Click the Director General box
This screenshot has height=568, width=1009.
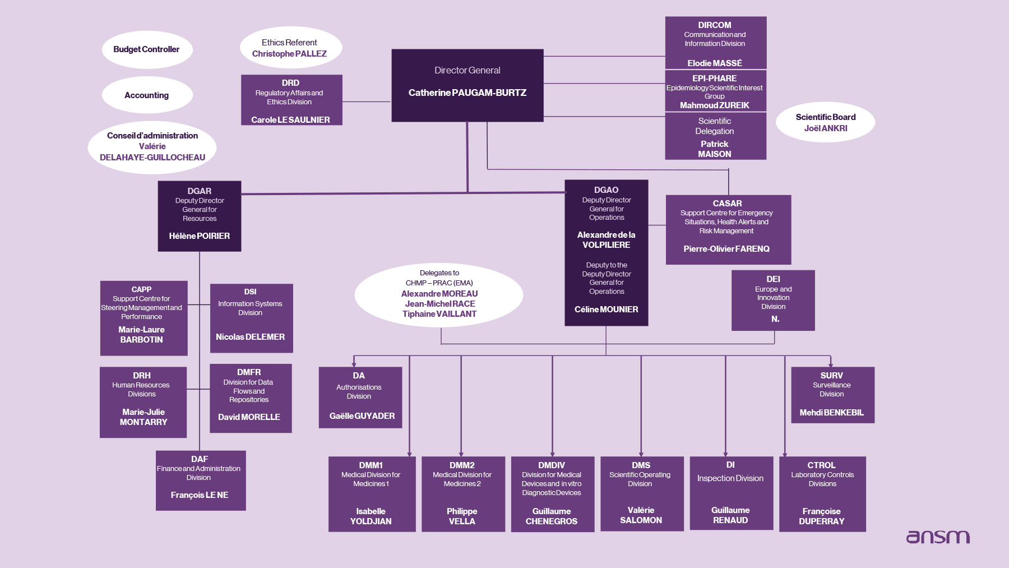pyautogui.click(x=468, y=85)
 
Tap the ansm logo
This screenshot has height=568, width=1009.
pyautogui.click(x=938, y=537)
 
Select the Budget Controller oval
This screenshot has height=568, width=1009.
pyautogui.click(x=147, y=49)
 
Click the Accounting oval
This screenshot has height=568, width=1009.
pyautogui.click(x=147, y=95)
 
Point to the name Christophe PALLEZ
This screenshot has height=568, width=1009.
pyautogui.click(x=289, y=54)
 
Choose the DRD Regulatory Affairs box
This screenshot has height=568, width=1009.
pyautogui.click(x=291, y=100)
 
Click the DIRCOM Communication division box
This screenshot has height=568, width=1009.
pyautogui.click(x=715, y=43)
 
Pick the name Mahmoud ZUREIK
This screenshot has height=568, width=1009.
pyautogui.click(x=715, y=105)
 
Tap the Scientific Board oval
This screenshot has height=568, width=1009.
pyautogui.click(x=826, y=122)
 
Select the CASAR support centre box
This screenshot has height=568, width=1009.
pyautogui.click(x=728, y=230)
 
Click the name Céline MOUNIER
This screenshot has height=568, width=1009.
pyautogui.click(x=607, y=310)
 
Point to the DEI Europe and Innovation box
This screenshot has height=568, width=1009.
pyautogui.click(x=773, y=301)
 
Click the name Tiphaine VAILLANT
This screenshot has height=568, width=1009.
pyautogui.click(x=439, y=314)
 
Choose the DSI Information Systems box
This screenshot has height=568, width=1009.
pyautogui.click(x=251, y=318)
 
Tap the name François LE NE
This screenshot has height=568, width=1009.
pyautogui.click(x=200, y=495)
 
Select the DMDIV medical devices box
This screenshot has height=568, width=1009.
pyautogui.click(x=552, y=494)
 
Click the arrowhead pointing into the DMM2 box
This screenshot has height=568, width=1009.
pyautogui.click(x=461, y=453)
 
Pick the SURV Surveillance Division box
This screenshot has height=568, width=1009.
pyautogui.click(x=832, y=395)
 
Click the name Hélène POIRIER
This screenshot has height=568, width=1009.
pyautogui.click(x=200, y=236)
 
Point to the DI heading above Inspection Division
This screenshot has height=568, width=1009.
pyautogui.click(x=730, y=465)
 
